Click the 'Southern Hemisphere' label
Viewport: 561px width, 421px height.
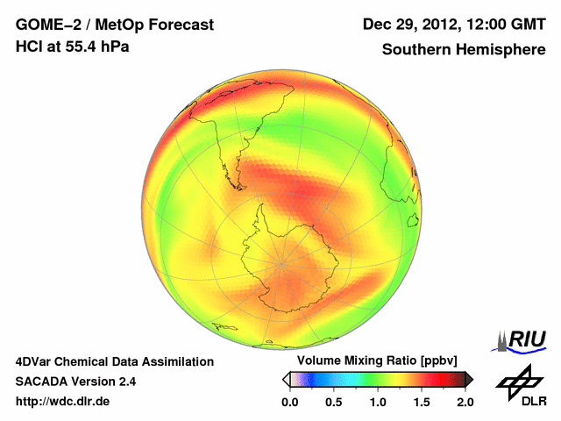click(464, 49)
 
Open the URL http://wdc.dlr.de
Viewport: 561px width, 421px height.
click(63, 401)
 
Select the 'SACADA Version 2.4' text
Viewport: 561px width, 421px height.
click(75, 381)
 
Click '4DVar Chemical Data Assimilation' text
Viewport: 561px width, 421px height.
click(114, 360)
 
